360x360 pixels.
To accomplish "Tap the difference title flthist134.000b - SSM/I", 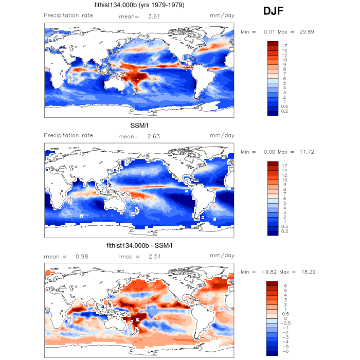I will pyautogui.click(x=139, y=245).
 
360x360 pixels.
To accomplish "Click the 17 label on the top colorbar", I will pyautogui.click(x=284, y=46).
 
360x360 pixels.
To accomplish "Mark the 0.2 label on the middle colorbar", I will pyautogui.click(x=285, y=232).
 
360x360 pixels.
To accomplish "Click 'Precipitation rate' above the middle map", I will pyautogui.click(x=68, y=135).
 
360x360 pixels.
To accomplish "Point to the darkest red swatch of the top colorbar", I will pyautogui.click(x=273, y=43).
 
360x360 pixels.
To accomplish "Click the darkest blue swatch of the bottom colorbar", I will pyautogui.click(x=273, y=352).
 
